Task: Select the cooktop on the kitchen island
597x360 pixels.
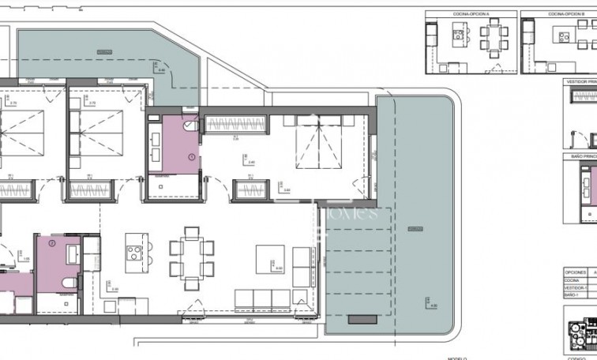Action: pos(135,253)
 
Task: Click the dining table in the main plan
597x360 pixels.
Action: pos(191,257)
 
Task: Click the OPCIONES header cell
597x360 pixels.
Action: pos(576,271)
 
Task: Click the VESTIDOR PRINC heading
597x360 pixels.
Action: pos(580,81)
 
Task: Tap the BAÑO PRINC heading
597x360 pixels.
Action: pos(582,157)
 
